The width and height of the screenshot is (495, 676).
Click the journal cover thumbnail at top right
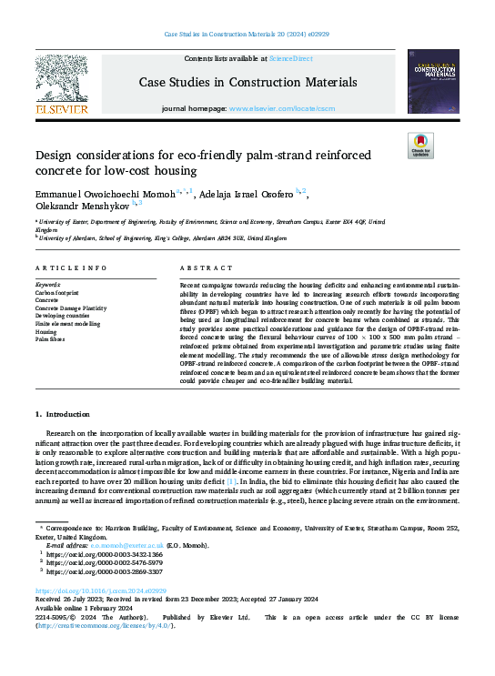pos(431,84)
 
